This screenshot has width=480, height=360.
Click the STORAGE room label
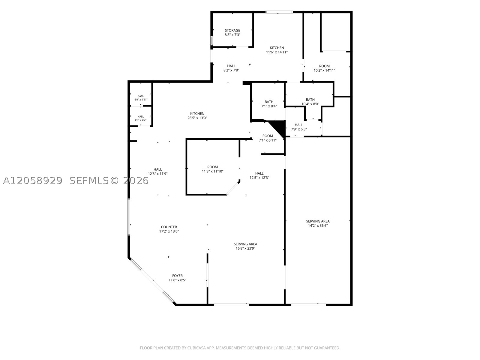click(232, 30)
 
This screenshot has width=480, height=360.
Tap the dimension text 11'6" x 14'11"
click(277, 52)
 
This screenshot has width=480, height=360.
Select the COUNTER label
click(169, 227)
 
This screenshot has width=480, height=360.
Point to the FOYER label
click(177, 276)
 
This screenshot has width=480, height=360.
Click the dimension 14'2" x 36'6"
click(318, 226)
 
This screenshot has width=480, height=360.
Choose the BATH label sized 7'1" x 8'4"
click(269, 102)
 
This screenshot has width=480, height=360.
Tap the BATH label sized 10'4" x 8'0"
click(310, 100)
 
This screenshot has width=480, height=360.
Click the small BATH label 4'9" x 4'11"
click(141, 96)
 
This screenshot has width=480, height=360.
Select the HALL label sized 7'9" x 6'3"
click(299, 125)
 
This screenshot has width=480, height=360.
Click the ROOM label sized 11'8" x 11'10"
click(212, 167)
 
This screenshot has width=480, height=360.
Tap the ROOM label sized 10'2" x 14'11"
click(324, 66)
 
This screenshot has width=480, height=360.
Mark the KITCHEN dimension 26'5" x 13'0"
click(197, 118)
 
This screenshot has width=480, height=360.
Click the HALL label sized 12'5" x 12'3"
click(259, 173)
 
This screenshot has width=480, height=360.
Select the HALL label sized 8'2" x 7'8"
click(231, 66)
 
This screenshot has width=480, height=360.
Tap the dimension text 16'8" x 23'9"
click(245, 248)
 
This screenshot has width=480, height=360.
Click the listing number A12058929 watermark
click(33, 181)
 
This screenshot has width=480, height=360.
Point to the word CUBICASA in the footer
click(197, 348)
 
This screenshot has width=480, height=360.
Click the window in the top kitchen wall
click(279, 12)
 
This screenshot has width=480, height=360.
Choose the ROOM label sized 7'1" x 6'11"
click(267, 136)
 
